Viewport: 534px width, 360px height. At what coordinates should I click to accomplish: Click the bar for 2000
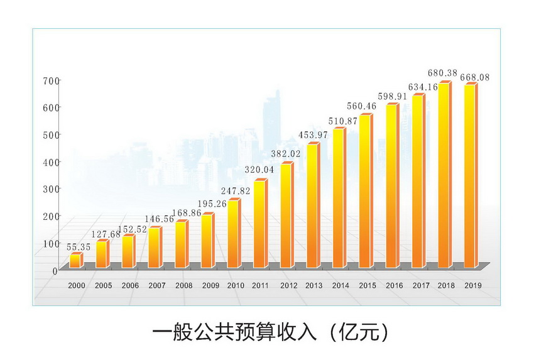(75, 261)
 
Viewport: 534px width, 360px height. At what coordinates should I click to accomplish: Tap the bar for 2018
(444, 175)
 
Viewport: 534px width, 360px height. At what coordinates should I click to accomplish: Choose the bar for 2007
(155, 247)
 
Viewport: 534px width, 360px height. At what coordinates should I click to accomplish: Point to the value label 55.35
(79, 247)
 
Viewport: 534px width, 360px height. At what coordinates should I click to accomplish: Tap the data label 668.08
(475, 77)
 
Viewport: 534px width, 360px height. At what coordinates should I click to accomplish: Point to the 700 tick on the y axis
(51, 80)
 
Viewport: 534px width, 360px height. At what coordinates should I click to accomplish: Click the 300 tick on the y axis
(51, 188)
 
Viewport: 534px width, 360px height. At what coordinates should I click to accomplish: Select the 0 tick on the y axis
(55, 271)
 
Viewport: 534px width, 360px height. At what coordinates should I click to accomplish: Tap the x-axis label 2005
(104, 286)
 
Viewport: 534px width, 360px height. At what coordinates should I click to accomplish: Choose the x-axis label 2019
(473, 286)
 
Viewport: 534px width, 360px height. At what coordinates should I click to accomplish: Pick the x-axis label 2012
(288, 286)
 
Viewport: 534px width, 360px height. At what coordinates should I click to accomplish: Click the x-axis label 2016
(394, 286)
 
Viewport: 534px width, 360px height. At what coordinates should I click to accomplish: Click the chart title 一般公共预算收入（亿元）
(271, 331)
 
